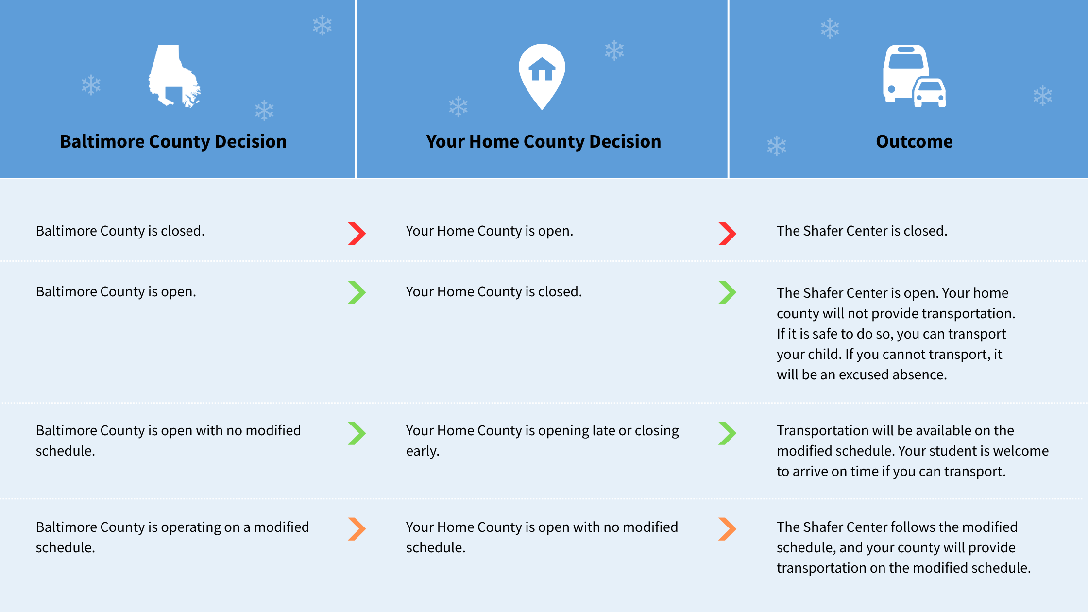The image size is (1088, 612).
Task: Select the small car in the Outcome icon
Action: pyautogui.click(x=930, y=92)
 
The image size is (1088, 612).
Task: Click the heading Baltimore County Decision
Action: pyautogui.click(x=173, y=141)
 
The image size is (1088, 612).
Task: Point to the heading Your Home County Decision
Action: pyautogui.click(x=544, y=141)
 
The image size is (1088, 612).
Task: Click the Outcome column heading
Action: pyautogui.click(x=914, y=141)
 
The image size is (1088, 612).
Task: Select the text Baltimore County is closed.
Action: pyautogui.click(x=120, y=231)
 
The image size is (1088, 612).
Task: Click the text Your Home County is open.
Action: pyautogui.click(x=490, y=231)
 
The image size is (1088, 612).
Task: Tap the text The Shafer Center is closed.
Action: pyautogui.click(x=862, y=231)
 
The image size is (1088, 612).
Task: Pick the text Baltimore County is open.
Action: pyautogui.click(x=116, y=291)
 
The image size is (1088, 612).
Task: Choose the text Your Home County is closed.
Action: pyautogui.click(x=494, y=291)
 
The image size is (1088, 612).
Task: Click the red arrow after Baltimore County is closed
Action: pyautogui.click(x=357, y=234)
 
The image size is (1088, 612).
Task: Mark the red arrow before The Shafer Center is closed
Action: pyautogui.click(x=728, y=234)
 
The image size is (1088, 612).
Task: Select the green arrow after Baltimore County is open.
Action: pyautogui.click(x=357, y=292)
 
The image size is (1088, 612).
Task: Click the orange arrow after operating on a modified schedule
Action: pyautogui.click(x=357, y=529)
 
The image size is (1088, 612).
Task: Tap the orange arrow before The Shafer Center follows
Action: pyautogui.click(x=728, y=529)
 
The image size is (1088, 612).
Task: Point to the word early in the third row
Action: pyautogui.click(x=423, y=451)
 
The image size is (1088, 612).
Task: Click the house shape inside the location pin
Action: pyautogui.click(x=542, y=69)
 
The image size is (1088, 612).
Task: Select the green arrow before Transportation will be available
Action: pyautogui.click(x=728, y=433)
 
